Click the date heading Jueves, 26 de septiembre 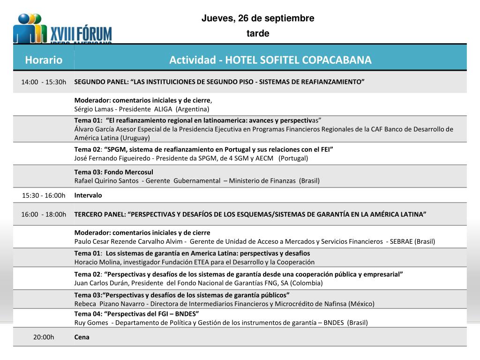[x=258, y=18]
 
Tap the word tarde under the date [x=258, y=33]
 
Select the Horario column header [x=44, y=60]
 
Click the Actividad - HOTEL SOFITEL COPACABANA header [x=270, y=60]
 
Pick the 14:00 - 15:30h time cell [x=44, y=82]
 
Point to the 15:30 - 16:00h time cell [x=44, y=195]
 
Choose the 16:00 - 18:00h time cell [x=44, y=214]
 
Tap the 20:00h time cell [x=44, y=337]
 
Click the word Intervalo [x=88, y=195]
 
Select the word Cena [x=82, y=337]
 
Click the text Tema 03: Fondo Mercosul [x=113, y=172]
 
